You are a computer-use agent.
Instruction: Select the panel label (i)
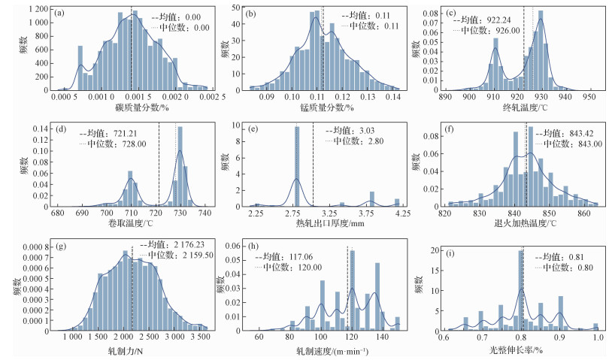click(x=451, y=248)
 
